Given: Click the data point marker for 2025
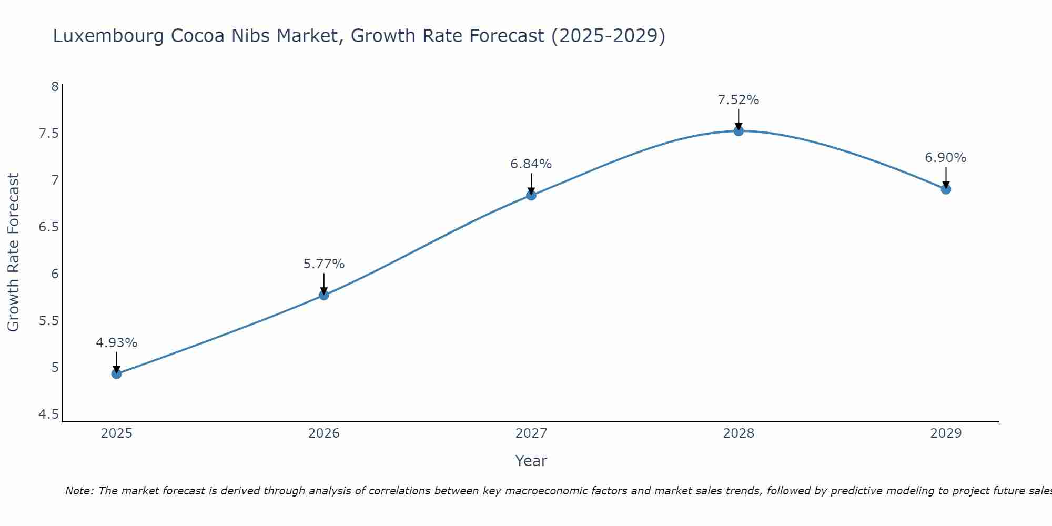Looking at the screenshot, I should click(117, 374).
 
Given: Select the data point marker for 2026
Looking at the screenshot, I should click(324, 295).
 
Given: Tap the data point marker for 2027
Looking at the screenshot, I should click(531, 195).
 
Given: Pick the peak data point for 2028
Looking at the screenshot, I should click(739, 131).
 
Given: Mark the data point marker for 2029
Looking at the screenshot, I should click(946, 189).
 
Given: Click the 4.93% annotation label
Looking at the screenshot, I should click(117, 343).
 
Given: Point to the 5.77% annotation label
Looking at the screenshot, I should click(324, 264).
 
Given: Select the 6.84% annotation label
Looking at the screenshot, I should click(531, 164).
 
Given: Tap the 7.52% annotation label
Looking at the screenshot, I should click(739, 100).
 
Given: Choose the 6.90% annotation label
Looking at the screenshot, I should click(946, 158).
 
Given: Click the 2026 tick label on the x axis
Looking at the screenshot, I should click(324, 433).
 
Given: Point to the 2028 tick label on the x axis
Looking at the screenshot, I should click(739, 433).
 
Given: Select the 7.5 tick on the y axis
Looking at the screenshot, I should click(48, 134).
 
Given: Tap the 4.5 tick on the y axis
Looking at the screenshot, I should click(48, 415).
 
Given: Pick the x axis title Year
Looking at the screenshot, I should click(531, 461).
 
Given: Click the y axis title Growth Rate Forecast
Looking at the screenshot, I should click(14, 252).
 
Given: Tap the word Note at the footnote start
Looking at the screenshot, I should click(79, 491).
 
